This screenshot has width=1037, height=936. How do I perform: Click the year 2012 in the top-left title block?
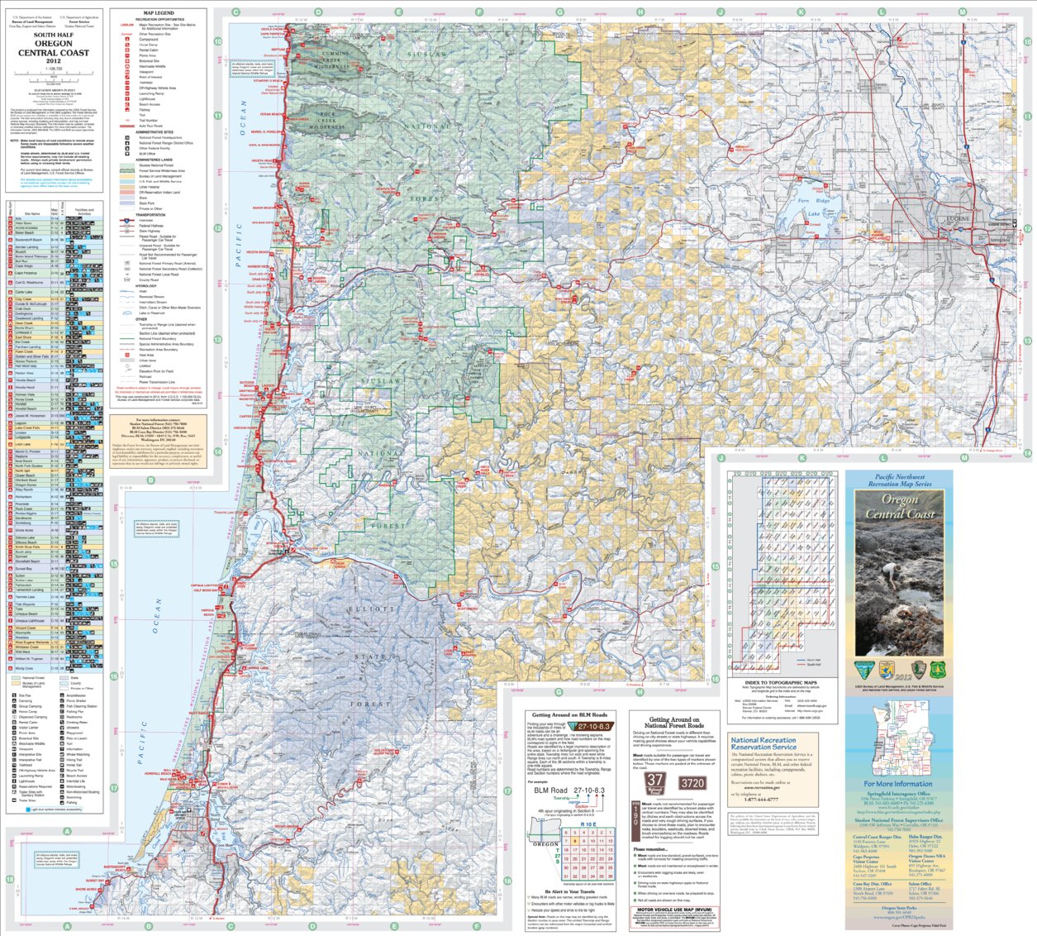(54, 61)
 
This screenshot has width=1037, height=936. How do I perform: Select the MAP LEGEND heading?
(159, 13)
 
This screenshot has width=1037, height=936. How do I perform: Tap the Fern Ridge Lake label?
(814, 207)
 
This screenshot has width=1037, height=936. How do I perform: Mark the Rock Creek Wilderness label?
(328, 121)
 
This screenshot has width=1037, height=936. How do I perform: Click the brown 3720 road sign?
(692, 783)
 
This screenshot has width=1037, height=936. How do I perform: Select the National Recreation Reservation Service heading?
(763, 743)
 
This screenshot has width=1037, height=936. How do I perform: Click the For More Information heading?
(898, 784)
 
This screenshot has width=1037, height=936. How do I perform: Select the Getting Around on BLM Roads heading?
(569, 714)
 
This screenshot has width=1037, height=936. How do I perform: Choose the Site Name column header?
(31, 213)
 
